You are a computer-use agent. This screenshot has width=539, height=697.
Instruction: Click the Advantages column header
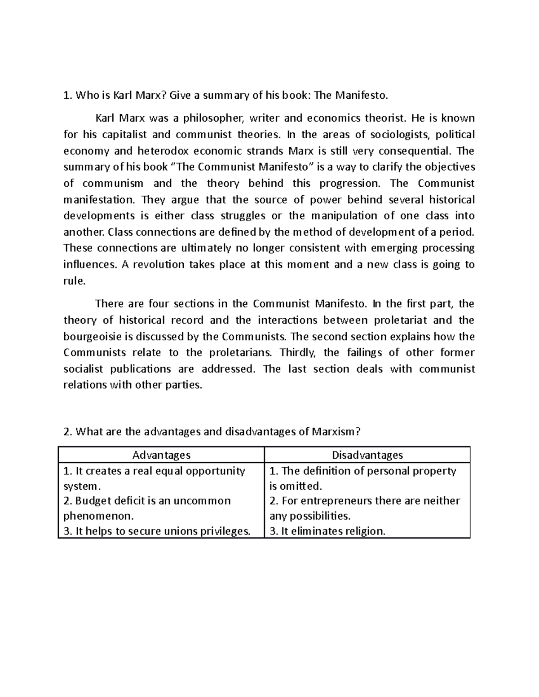click(x=161, y=455)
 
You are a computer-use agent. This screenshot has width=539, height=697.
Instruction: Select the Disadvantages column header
click(x=367, y=455)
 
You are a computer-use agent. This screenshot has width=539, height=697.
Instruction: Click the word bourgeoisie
click(x=93, y=337)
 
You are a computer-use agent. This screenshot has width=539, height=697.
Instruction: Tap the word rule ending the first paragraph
click(x=74, y=281)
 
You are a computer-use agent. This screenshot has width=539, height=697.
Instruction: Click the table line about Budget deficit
click(x=147, y=501)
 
